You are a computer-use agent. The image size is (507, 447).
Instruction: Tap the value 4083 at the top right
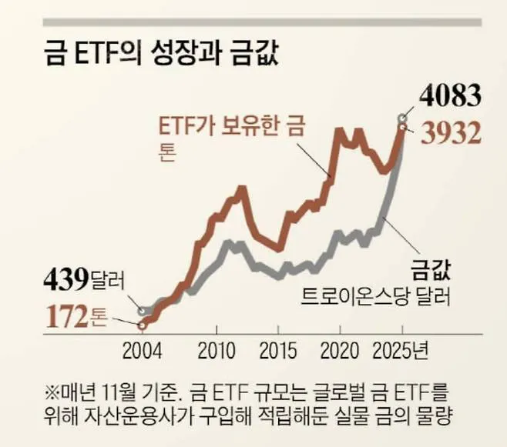click(x=450, y=98)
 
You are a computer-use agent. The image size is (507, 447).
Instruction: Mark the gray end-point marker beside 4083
click(x=401, y=118)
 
